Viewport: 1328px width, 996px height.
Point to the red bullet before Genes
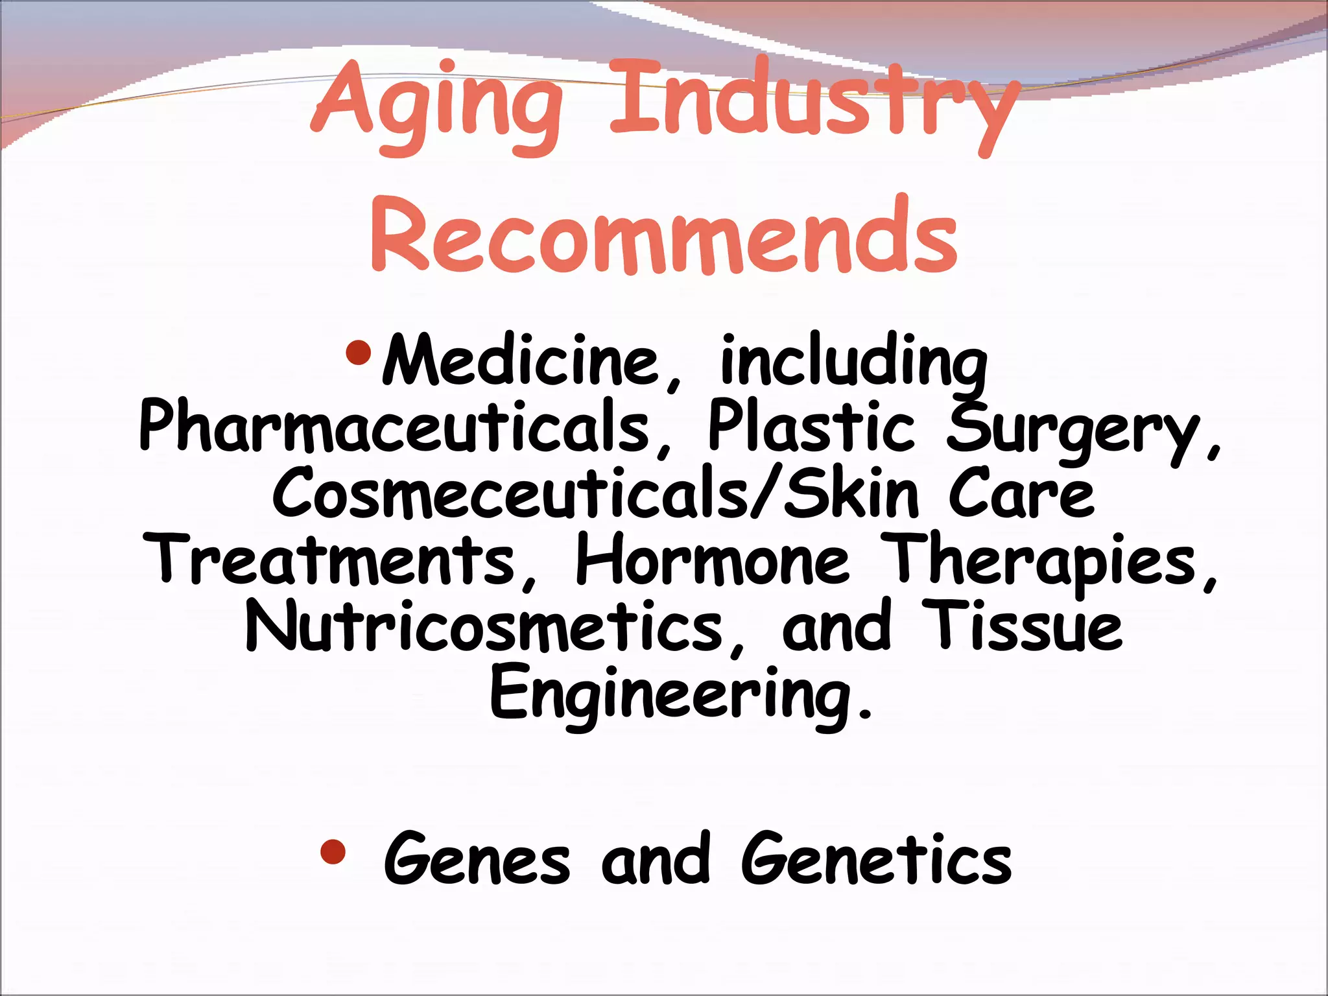(x=333, y=852)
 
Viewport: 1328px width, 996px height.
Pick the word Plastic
(x=811, y=427)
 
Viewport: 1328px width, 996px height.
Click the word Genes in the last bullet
(x=477, y=860)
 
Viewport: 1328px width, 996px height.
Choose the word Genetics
(x=876, y=860)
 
